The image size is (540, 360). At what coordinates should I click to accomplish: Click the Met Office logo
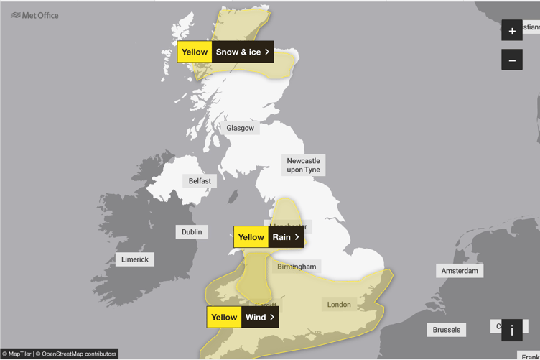[34, 15]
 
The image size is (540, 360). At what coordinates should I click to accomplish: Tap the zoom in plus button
[512, 31]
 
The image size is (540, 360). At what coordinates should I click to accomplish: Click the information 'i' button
[512, 331]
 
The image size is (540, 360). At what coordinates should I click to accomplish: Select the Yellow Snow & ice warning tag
[225, 52]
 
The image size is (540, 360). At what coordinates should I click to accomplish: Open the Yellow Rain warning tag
[269, 237]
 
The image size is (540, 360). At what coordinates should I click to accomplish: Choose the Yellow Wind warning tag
[243, 317]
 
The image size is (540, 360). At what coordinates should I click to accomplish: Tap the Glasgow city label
[241, 128]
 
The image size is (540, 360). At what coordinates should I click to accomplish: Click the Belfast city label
[200, 181]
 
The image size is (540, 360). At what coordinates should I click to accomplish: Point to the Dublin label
[192, 232]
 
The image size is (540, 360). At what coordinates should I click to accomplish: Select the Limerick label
[135, 259]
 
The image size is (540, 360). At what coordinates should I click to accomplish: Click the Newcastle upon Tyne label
[303, 165]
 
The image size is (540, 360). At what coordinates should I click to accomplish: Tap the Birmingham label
[297, 267]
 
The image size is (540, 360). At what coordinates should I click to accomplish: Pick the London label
[339, 305]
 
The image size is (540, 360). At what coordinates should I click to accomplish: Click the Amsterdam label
[460, 271]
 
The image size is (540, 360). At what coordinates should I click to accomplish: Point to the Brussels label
[446, 330]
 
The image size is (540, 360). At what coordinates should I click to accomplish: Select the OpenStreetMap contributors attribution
[79, 354]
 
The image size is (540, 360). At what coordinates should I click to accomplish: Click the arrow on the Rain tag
[297, 237]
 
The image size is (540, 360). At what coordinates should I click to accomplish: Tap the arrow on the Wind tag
[272, 317]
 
